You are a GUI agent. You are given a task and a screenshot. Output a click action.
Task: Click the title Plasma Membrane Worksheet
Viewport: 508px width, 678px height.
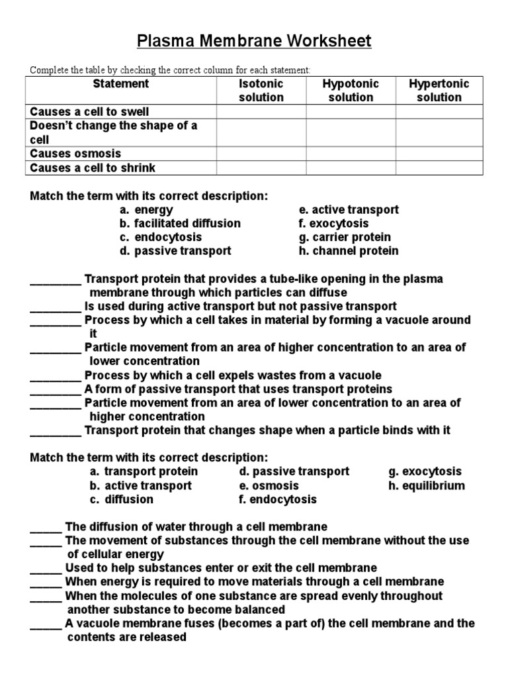coord(254,42)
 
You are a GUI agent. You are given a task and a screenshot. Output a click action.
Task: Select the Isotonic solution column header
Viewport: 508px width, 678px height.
coord(261,91)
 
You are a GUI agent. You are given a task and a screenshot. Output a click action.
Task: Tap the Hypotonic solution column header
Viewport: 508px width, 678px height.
coord(351,91)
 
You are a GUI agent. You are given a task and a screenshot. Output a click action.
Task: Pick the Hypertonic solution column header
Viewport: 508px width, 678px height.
coord(439,91)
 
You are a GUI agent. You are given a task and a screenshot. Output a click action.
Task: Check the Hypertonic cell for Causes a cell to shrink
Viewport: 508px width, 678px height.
coord(439,168)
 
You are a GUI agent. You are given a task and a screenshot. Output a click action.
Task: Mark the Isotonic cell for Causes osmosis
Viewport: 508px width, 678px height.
coord(261,154)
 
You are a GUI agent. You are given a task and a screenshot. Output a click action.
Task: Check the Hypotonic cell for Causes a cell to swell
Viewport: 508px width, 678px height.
coord(351,112)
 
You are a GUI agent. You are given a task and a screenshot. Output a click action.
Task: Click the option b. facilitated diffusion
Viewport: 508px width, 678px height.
coord(181,223)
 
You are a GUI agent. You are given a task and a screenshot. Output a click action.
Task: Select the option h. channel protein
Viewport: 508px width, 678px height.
coord(349,251)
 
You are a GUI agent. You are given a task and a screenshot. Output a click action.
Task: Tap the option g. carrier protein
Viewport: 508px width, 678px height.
coord(345,237)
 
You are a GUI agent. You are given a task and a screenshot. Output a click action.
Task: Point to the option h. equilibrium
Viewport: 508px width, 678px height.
coord(427,485)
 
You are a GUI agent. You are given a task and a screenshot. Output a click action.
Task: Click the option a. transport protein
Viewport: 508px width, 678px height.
coord(144,471)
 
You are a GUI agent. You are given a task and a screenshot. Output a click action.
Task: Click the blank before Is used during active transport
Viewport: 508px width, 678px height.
coord(56,307)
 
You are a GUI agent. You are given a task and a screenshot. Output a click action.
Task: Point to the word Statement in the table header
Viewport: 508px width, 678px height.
coord(121,84)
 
